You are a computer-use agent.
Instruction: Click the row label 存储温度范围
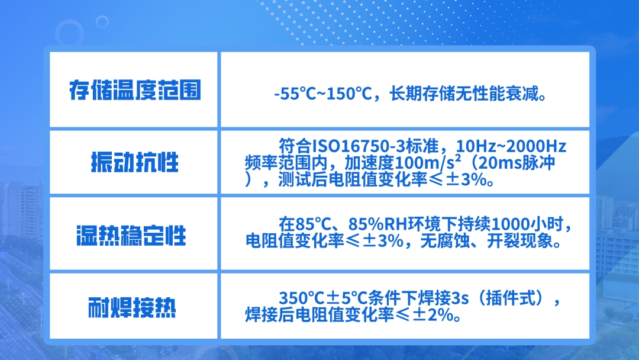tap(135, 90)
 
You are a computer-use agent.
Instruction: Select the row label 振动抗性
tap(135, 162)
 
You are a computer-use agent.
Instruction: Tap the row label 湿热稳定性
tap(131, 236)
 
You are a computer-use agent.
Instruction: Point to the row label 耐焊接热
tap(132, 307)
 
